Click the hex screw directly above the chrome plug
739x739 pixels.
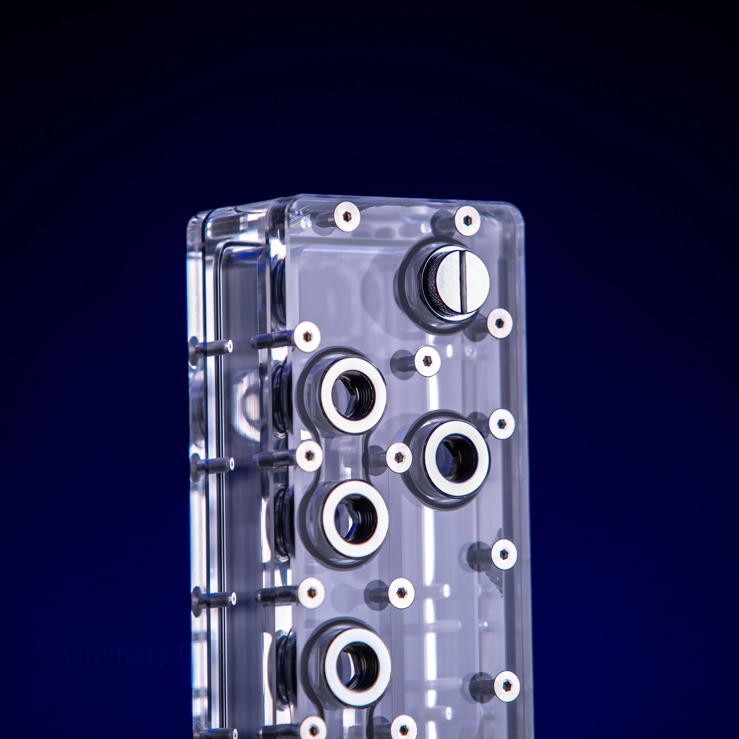point(467,220)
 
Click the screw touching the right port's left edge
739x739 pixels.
point(399,457)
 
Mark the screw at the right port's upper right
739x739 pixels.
point(501,423)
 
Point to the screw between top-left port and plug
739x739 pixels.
point(427,361)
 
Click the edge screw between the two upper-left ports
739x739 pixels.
point(309,455)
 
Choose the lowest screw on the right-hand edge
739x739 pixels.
point(507,685)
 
